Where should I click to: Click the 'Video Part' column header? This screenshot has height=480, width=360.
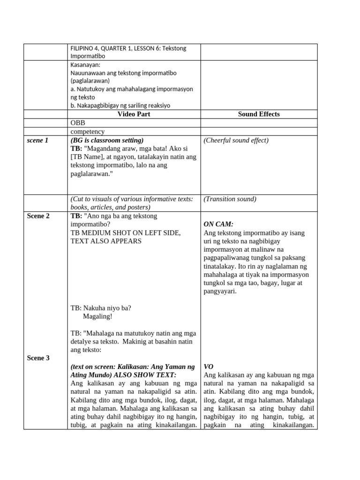click(x=134, y=114)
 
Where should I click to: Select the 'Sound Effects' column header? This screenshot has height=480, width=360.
click(x=259, y=114)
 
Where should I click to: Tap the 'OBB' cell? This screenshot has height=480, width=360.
click(x=78, y=123)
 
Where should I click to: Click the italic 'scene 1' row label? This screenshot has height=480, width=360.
click(x=37, y=140)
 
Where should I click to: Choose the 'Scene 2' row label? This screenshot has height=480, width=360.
click(x=38, y=216)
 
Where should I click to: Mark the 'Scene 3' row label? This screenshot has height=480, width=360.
click(x=38, y=358)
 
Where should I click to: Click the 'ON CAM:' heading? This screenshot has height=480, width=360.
click(x=218, y=224)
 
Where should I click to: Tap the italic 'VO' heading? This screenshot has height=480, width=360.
click(x=209, y=367)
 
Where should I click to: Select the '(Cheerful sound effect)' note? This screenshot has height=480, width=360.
click(x=236, y=140)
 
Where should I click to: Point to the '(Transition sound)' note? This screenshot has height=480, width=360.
click(x=230, y=199)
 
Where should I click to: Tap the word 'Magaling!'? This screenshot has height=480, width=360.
click(x=97, y=316)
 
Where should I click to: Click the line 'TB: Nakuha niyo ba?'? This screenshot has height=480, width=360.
click(x=101, y=308)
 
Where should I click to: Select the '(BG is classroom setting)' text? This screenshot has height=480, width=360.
click(x=107, y=140)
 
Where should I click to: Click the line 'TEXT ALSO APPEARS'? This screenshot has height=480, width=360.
click(x=106, y=241)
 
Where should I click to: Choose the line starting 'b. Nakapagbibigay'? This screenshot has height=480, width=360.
click(x=120, y=105)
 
